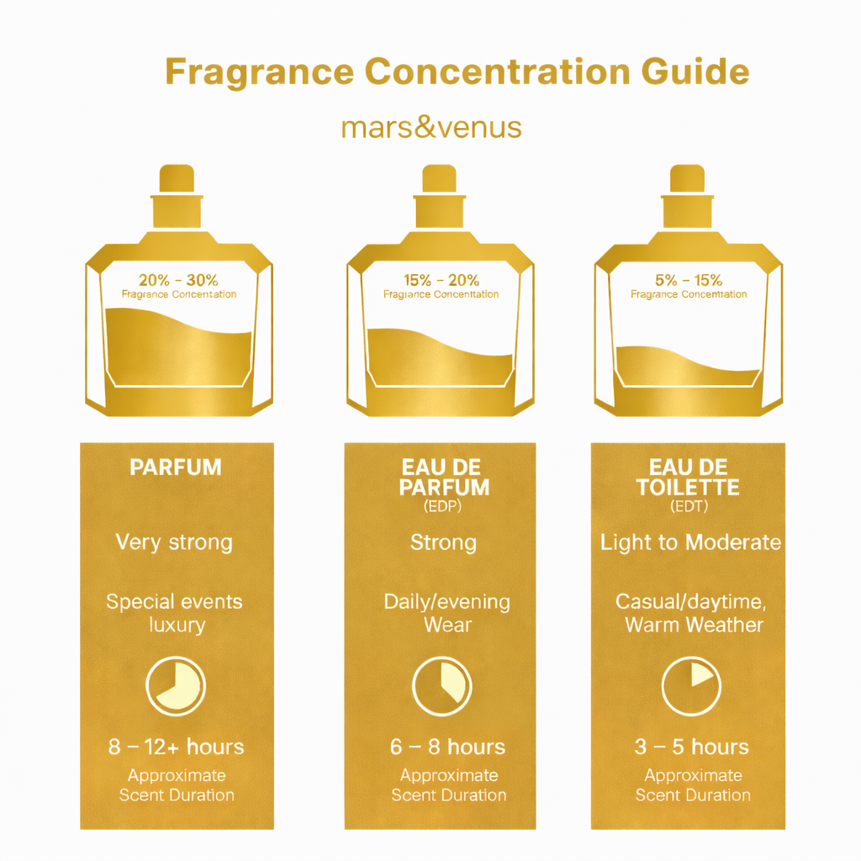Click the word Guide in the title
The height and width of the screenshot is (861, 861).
[695, 72]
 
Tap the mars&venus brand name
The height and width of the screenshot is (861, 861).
[431, 128]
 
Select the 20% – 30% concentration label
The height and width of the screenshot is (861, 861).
[178, 281]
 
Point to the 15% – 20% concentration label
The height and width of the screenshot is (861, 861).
[441, 281]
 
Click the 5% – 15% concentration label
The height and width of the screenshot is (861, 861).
[688, 281]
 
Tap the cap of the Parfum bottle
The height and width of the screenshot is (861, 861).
[177, 179]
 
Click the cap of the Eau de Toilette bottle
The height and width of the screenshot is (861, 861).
[686, 179]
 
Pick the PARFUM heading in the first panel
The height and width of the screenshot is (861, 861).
[176, 467]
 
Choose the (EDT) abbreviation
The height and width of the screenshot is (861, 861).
[688, 508]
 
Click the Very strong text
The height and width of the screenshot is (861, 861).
[175, 542]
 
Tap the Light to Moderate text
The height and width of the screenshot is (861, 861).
[690, 542]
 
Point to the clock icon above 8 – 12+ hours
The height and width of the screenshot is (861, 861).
[176, 685]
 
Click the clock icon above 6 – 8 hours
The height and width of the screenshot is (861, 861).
[442, 685]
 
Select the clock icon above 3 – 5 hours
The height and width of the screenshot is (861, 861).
[691, 685]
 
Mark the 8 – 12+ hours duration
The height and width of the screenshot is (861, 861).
[176, 747]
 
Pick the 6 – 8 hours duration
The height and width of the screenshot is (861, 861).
[447, 747]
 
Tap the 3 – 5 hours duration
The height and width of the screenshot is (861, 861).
[691, 747]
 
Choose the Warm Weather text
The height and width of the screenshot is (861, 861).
[694, 625]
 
